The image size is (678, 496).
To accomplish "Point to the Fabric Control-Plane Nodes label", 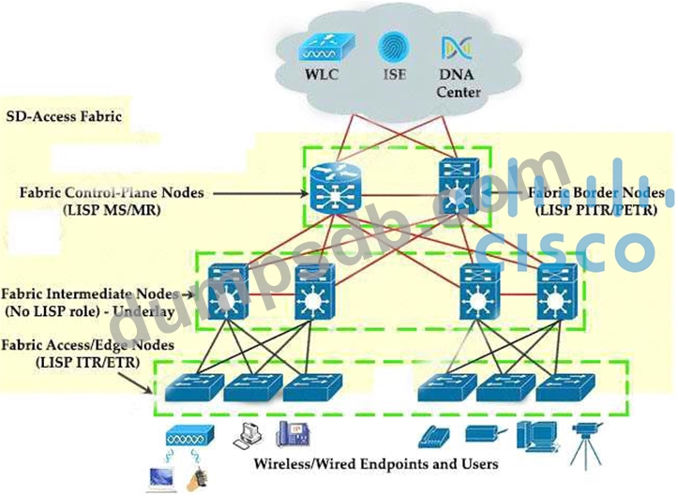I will click(x=112, y=192).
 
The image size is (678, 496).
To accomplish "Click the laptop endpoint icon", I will click(x=162, y=477).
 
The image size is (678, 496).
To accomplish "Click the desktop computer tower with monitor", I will click(x=536, y=438).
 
